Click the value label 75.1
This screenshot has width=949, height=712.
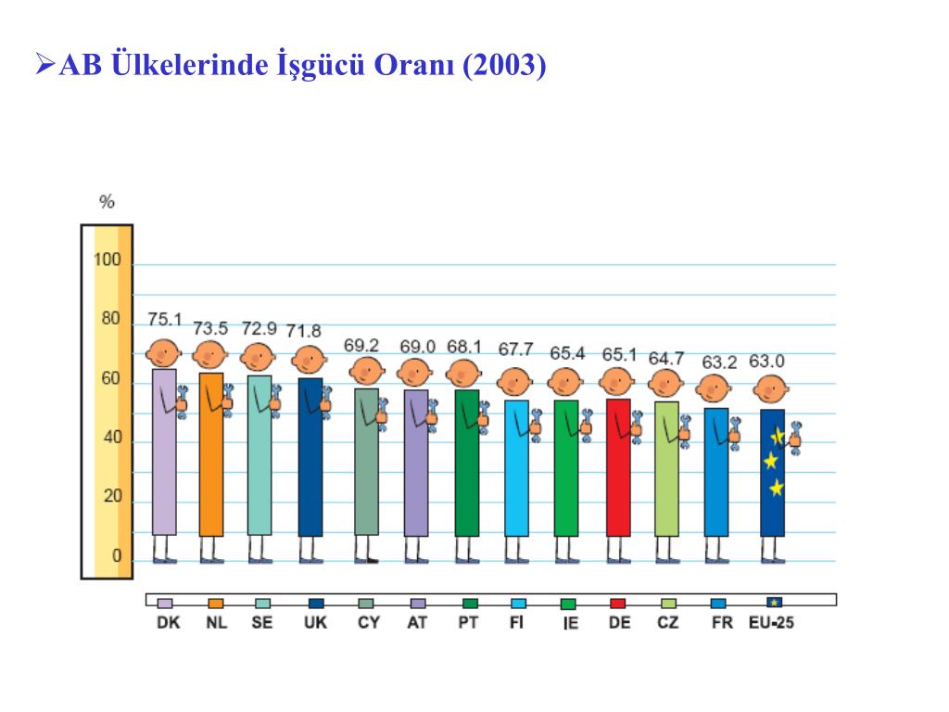[x=165, y=320]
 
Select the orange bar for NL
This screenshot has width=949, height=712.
[x=211, y=454]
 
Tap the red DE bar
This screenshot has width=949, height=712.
[x=618, y=467]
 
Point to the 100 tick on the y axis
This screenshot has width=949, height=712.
[x=108, y=260]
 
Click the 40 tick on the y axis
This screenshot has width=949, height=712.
[x=110, y=438]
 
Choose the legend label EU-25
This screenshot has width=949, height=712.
[x=771, y=623]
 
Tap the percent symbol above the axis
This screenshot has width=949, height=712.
[x=108, y=202]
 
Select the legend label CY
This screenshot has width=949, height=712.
[x=369, y=623]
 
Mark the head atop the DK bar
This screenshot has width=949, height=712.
[x=164, y=353]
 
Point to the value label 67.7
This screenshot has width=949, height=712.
[x=515, y=349]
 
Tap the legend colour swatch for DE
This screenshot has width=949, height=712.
[x=617, y=603]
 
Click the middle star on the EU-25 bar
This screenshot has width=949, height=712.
[x=770, y=461]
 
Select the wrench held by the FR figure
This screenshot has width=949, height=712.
[x=735, y=431]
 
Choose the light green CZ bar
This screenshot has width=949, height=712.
[x=666, y=468]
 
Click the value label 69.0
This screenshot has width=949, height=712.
[x=417, y=346]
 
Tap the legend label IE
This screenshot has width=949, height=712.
[x=570, y=624]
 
